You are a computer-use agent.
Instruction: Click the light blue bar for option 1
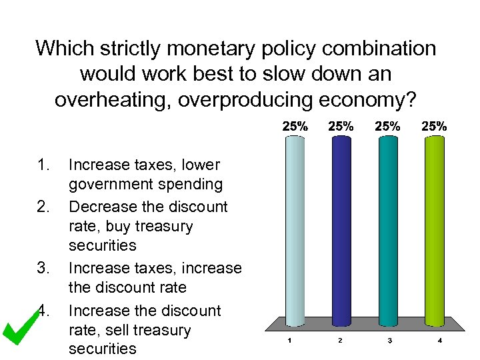click(x=293, y=230)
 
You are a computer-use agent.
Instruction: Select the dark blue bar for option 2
click(x=340, y=230)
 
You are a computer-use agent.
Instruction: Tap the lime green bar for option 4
click(x=435, y=230)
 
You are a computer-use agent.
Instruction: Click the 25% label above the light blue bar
click(x=295, y=125)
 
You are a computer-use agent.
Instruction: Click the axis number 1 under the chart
click(x=289, y=341)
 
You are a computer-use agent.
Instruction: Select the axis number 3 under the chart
click(x=389, y=341)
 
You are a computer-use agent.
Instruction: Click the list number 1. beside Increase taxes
click(x=45, y=165)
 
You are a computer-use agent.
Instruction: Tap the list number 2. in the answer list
click(x=45, y=207)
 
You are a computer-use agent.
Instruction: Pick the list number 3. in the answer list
click(x=45, y=269)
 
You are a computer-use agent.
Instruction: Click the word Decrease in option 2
click(x=101, y=207)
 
